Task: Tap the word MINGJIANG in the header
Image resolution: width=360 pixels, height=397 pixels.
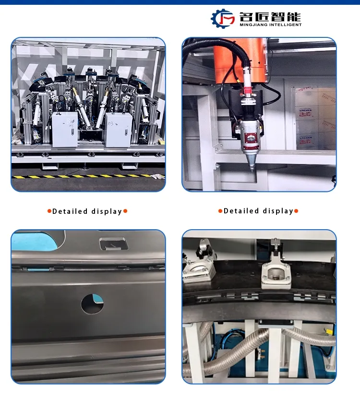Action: click(252, 24)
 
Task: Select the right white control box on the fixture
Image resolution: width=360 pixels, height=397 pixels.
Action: click(119, 129)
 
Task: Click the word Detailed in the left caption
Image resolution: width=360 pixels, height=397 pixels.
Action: click(70, 211)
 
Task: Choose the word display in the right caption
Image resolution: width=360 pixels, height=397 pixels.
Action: click(278, 211)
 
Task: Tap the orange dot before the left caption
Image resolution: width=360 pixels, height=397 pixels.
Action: click(49, 211)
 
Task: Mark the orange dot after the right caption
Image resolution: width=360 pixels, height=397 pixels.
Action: click(296, 211)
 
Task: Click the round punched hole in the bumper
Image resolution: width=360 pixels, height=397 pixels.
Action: click(92, 304)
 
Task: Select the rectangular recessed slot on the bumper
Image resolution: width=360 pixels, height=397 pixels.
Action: click(113, 244)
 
